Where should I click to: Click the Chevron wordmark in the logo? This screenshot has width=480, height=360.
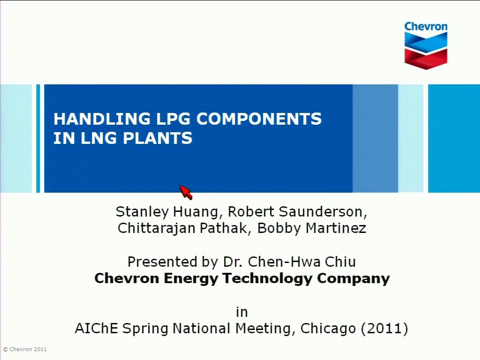[426, 26]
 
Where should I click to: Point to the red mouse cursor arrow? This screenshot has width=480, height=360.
[186, 192]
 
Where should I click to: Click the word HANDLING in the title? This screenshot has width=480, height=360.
[102, 119]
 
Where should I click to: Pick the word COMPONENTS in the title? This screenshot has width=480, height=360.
[259, 119]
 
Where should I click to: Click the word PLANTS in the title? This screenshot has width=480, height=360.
[157, 138]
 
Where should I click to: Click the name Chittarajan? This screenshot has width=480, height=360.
[157, 228]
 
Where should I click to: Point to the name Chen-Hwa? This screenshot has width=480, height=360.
[284, 262]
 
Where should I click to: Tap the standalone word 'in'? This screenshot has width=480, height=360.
[241, 312]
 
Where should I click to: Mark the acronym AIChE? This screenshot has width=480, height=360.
[97, 328]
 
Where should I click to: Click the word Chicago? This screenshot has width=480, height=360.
[328, 329]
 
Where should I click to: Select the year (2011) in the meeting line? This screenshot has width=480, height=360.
[384, 329]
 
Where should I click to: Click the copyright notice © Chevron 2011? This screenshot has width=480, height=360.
[25, 349]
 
